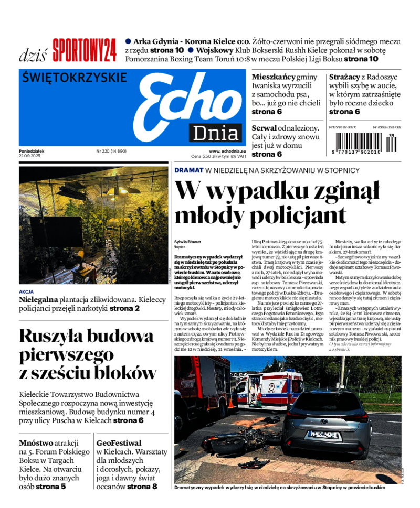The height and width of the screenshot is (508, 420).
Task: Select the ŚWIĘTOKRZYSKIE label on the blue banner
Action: [75, 78]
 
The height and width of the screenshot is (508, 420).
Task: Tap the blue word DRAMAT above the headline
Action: [188, 170]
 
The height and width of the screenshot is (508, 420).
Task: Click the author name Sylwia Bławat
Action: [188, 242]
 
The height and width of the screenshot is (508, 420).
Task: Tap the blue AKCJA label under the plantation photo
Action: [26, 291]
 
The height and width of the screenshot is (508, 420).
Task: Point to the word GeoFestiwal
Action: [119, 443]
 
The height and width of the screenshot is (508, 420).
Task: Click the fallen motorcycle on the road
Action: [231, 443]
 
